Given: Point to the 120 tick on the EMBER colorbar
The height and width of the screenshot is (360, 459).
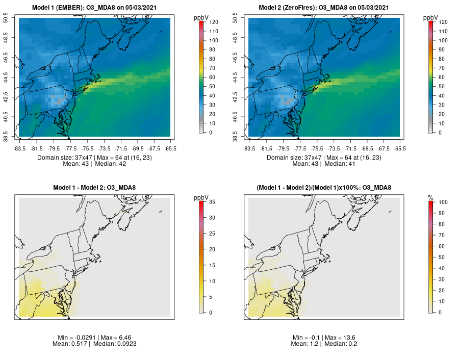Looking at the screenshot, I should [x=213, y=22].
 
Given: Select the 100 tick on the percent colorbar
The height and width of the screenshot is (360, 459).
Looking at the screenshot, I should [x=443, y=202].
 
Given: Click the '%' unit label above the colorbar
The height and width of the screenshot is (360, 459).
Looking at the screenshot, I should [x=430, y=197].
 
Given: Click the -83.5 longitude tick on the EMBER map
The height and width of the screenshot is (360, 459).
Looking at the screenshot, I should [x=19, y=148].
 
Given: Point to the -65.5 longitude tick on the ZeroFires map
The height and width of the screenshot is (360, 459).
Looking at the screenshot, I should [x=400, y=148].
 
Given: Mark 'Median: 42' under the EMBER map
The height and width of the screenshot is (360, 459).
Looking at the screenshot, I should [x=111, y=164].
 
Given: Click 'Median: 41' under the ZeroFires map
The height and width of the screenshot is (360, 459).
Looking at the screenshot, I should [x=340, y=164].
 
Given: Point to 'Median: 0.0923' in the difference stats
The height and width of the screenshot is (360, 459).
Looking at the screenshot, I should [x=114, y=344].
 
